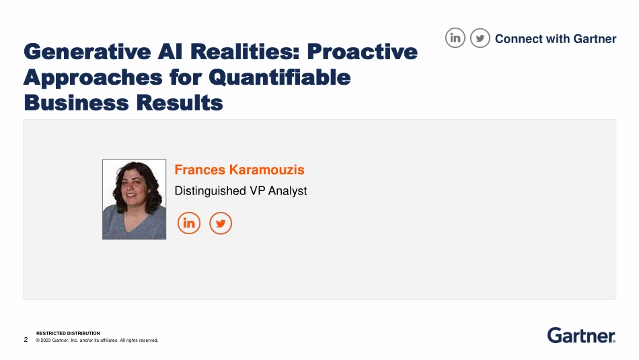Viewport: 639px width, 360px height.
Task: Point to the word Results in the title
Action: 179,104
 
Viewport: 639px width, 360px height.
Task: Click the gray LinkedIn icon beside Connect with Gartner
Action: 455,38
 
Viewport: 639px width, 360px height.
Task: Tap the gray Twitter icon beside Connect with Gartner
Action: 480,38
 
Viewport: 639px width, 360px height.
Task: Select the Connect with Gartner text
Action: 556,39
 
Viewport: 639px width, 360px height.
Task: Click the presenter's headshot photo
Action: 134,199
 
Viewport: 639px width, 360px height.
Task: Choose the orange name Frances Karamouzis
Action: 239,170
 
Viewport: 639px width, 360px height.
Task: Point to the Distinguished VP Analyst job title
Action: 241,191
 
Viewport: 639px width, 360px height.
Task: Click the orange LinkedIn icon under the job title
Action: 189,223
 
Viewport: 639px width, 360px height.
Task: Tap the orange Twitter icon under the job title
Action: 221,223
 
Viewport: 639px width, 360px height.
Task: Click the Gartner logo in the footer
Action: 581,335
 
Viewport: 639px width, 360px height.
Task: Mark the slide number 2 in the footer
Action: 26,340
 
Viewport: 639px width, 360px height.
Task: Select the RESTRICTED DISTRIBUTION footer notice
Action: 68,333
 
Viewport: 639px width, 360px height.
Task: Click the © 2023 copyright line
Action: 97,340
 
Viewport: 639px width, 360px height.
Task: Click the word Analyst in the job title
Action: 287,191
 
